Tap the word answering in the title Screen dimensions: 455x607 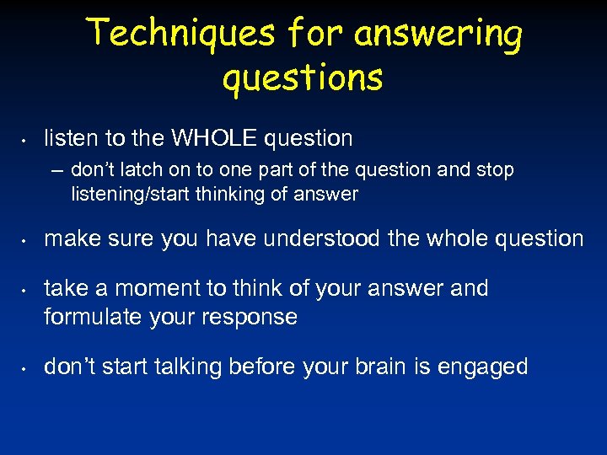[438, 35]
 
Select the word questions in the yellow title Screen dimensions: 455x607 [303, 78]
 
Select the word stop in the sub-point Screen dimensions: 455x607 [494, 170]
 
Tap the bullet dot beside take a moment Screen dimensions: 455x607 [27, 290]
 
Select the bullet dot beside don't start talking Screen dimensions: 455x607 [27, 368]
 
